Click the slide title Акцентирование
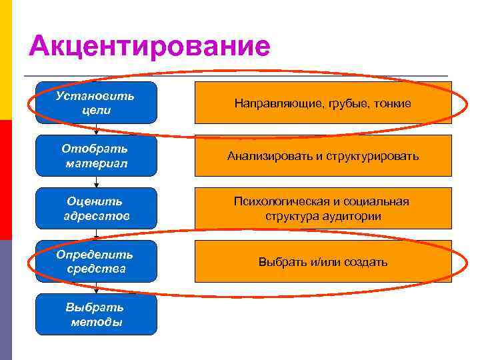(x=150, y=46)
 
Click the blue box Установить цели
(x=96, y=103)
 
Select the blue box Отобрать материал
(x=96, y=155)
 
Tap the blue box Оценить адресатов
(x=96, y=208)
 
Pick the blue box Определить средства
(x=96, y=261)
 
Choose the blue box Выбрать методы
(x=96, y=314)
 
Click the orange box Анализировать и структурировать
(x=323, y=156)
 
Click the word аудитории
(x=353, y=216)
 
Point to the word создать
(x=366, y=262)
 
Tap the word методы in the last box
(x=96, y=322)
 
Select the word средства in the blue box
(x=96, y=269)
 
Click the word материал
(x=96, y=163)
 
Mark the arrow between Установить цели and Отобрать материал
(x=96, y=129)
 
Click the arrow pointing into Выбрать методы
(x=96, y=288)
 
